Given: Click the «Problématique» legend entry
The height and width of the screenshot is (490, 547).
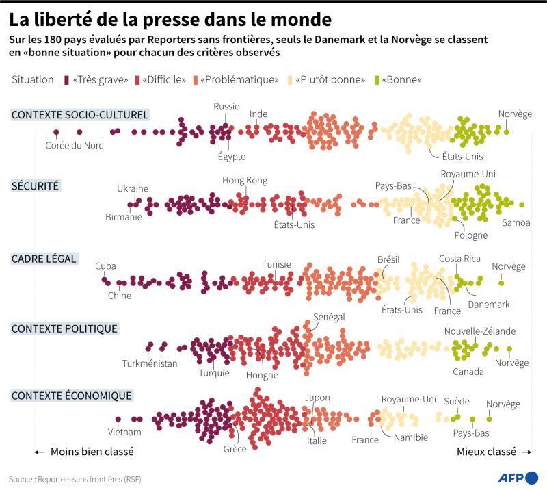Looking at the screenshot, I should tap(239, 80).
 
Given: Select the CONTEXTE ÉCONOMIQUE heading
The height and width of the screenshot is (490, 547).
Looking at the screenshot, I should tap(72, 396).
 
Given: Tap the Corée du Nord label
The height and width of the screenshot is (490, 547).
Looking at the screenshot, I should tap(75, 145).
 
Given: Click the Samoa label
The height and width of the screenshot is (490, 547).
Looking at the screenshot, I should tap(516, 222).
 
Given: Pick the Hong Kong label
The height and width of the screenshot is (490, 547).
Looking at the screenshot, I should tap(245, 180).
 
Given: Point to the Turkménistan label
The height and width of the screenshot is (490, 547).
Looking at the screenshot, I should tap(150, 363).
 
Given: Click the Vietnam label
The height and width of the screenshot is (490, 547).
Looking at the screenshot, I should tap(124, 432).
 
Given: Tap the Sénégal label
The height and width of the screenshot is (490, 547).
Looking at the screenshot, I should tap(329, 317).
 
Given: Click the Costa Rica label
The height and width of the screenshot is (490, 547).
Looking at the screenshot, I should tap(459, 259).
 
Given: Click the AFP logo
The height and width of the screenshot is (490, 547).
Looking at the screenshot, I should tap(518, 477).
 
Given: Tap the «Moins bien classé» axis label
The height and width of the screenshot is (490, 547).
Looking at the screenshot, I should tap(85, 452).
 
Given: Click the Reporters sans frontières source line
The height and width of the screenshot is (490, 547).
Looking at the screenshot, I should tap(79, 478).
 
